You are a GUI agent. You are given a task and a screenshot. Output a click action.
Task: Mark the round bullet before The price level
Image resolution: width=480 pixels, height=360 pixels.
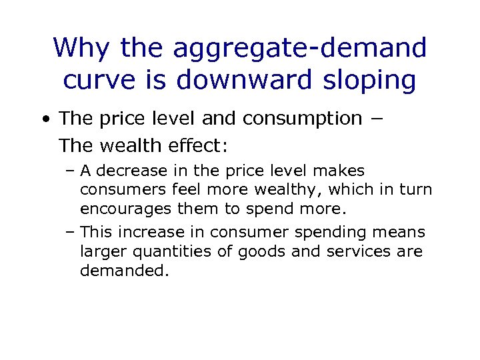coord(45,119)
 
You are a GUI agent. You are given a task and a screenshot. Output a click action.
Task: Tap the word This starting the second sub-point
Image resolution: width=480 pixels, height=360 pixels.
coord(93,233)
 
